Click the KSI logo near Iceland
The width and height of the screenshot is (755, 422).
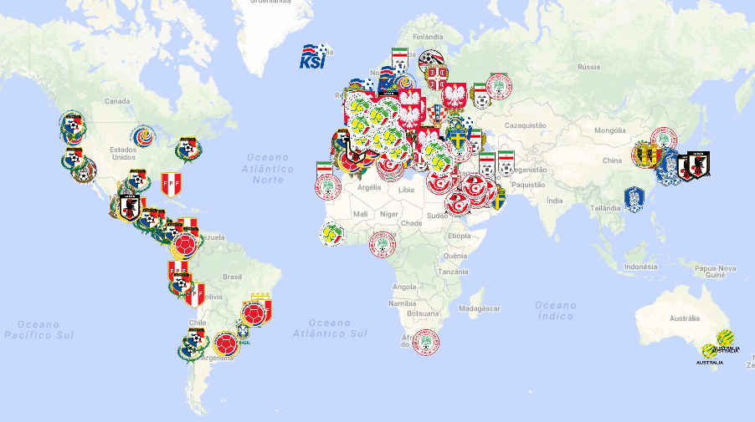tap(313, 57)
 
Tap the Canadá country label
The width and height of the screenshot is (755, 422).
tap(117, 101)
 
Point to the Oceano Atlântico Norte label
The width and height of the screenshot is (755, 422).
tap(267, 168)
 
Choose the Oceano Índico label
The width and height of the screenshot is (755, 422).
tap(555, 311)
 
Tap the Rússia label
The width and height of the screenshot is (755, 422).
tap(589, 67)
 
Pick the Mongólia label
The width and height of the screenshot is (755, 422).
tap(609, 131)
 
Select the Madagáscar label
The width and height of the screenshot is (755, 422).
tap(480, 308)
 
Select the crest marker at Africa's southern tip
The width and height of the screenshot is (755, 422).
tap(425, 343)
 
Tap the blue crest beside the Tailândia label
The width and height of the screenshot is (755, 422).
tap(634, 198)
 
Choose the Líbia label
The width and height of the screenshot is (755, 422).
tap(406, 190)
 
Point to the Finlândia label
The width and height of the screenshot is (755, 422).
tap(428, 37)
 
